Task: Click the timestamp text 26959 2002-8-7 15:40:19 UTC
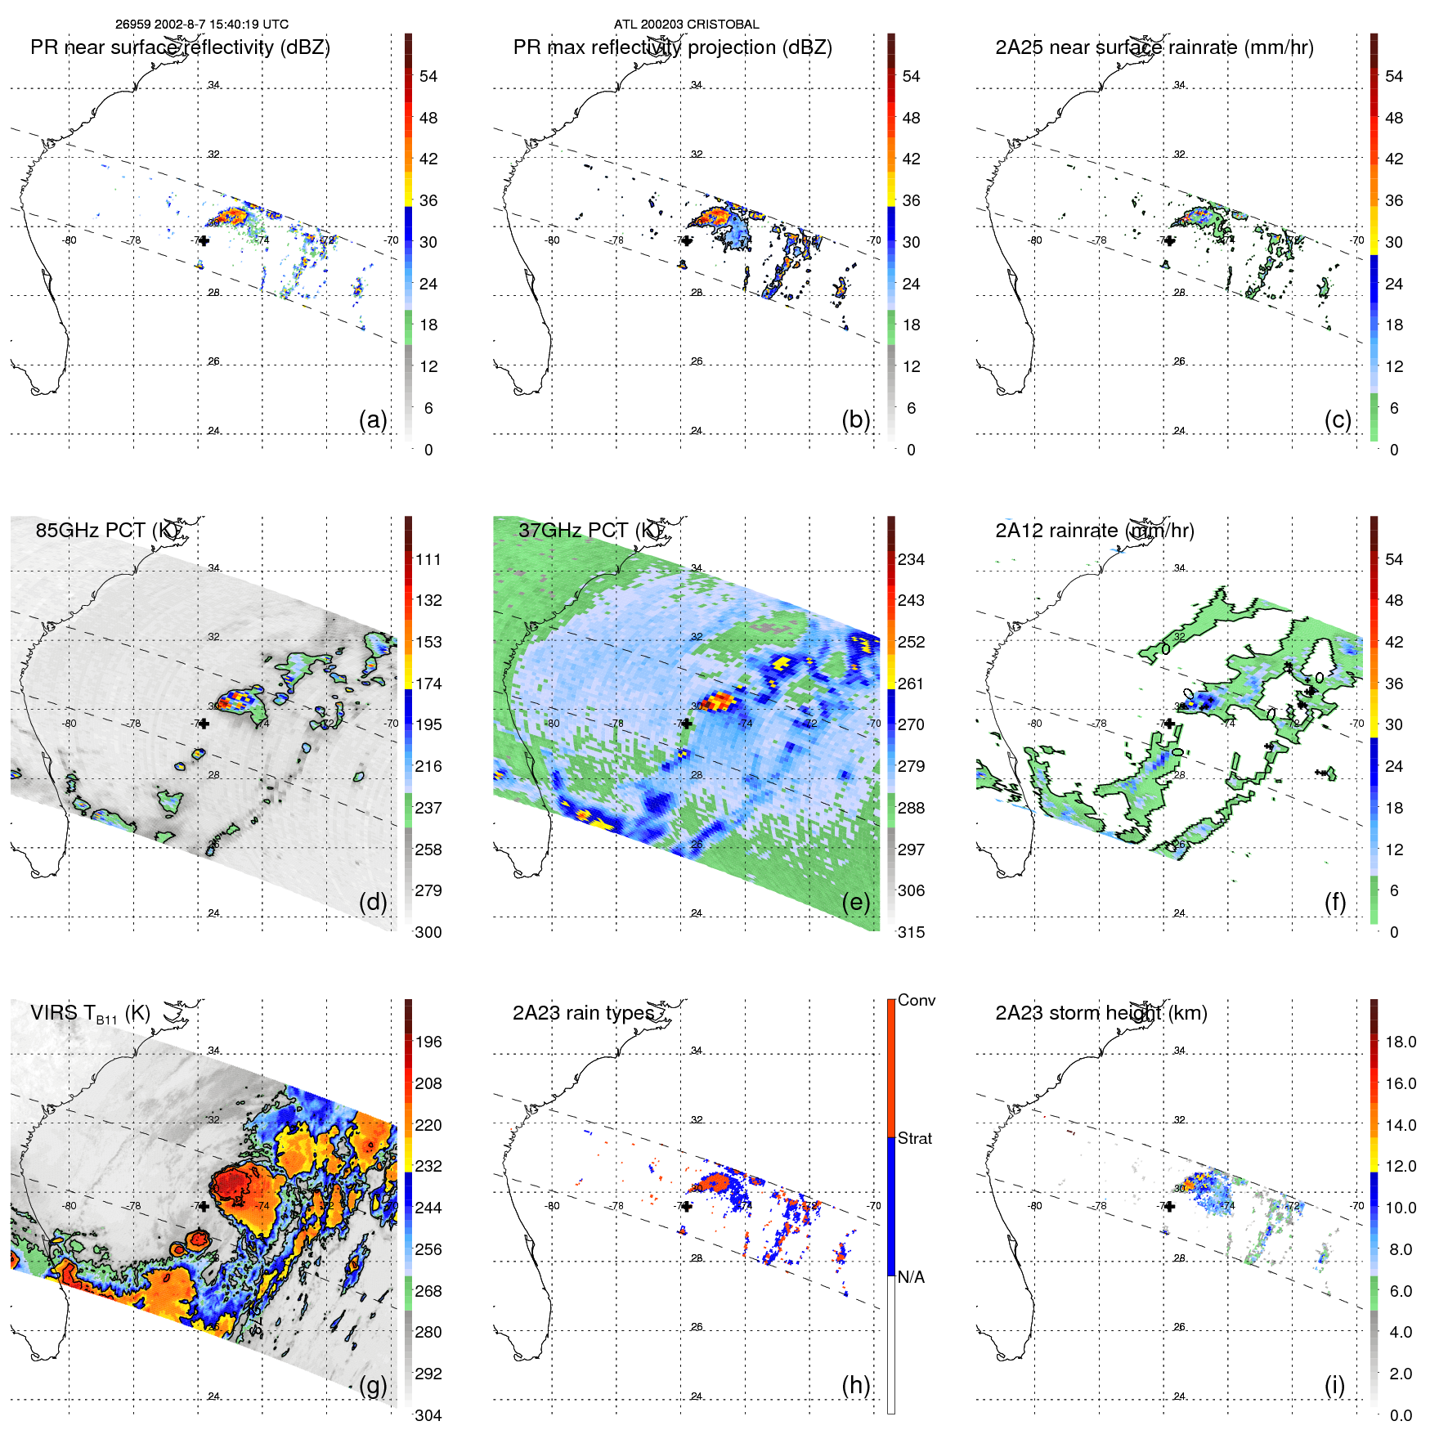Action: point(201,25)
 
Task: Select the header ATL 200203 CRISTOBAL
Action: point(686,25)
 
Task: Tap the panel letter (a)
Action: point(373,419)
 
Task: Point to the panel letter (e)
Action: point(855,902)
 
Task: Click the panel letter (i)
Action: point(1334,1385)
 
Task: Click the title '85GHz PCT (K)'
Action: point(106,531)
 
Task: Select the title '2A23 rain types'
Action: point(583,1013)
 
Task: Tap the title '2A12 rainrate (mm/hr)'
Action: point(1094,531)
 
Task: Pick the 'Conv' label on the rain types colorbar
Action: point(917,1000)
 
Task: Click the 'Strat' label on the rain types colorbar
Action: point(915,1138)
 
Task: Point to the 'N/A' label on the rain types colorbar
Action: point(911,1277)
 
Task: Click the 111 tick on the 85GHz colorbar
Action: point(428,559)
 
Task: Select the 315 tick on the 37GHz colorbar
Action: point(911,932)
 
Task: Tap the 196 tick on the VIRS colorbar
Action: point(428,1042)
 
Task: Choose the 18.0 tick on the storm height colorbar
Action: point(1401,1042)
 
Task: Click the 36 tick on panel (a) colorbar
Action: point(428,200)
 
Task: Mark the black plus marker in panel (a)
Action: point(204,240)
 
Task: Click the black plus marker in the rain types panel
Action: point(687,1206)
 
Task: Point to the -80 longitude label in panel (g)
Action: point(69,1206)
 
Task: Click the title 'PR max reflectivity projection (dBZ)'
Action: point(672,47)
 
